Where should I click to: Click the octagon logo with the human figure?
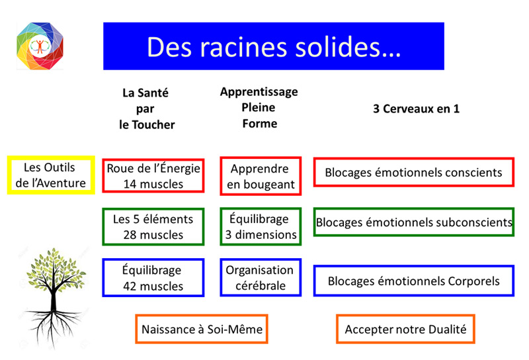pos(40,46)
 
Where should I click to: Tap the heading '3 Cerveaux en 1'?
pos(417,109)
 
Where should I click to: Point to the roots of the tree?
pos(54,326)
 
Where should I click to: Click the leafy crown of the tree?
pos(56,270)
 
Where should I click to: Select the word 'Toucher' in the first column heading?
pos(153,125)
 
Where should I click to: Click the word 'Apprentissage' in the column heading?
pos(259,92)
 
